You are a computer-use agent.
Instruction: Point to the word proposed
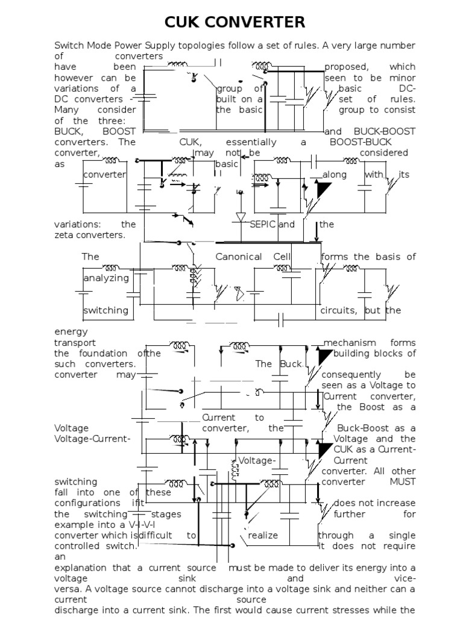344,67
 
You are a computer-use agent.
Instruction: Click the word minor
403,78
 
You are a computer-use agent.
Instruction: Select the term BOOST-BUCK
361,142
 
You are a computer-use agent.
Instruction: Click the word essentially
251,142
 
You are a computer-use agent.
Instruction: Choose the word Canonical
239,257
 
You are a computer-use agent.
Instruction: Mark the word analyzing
106,278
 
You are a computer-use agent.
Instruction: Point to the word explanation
83,568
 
